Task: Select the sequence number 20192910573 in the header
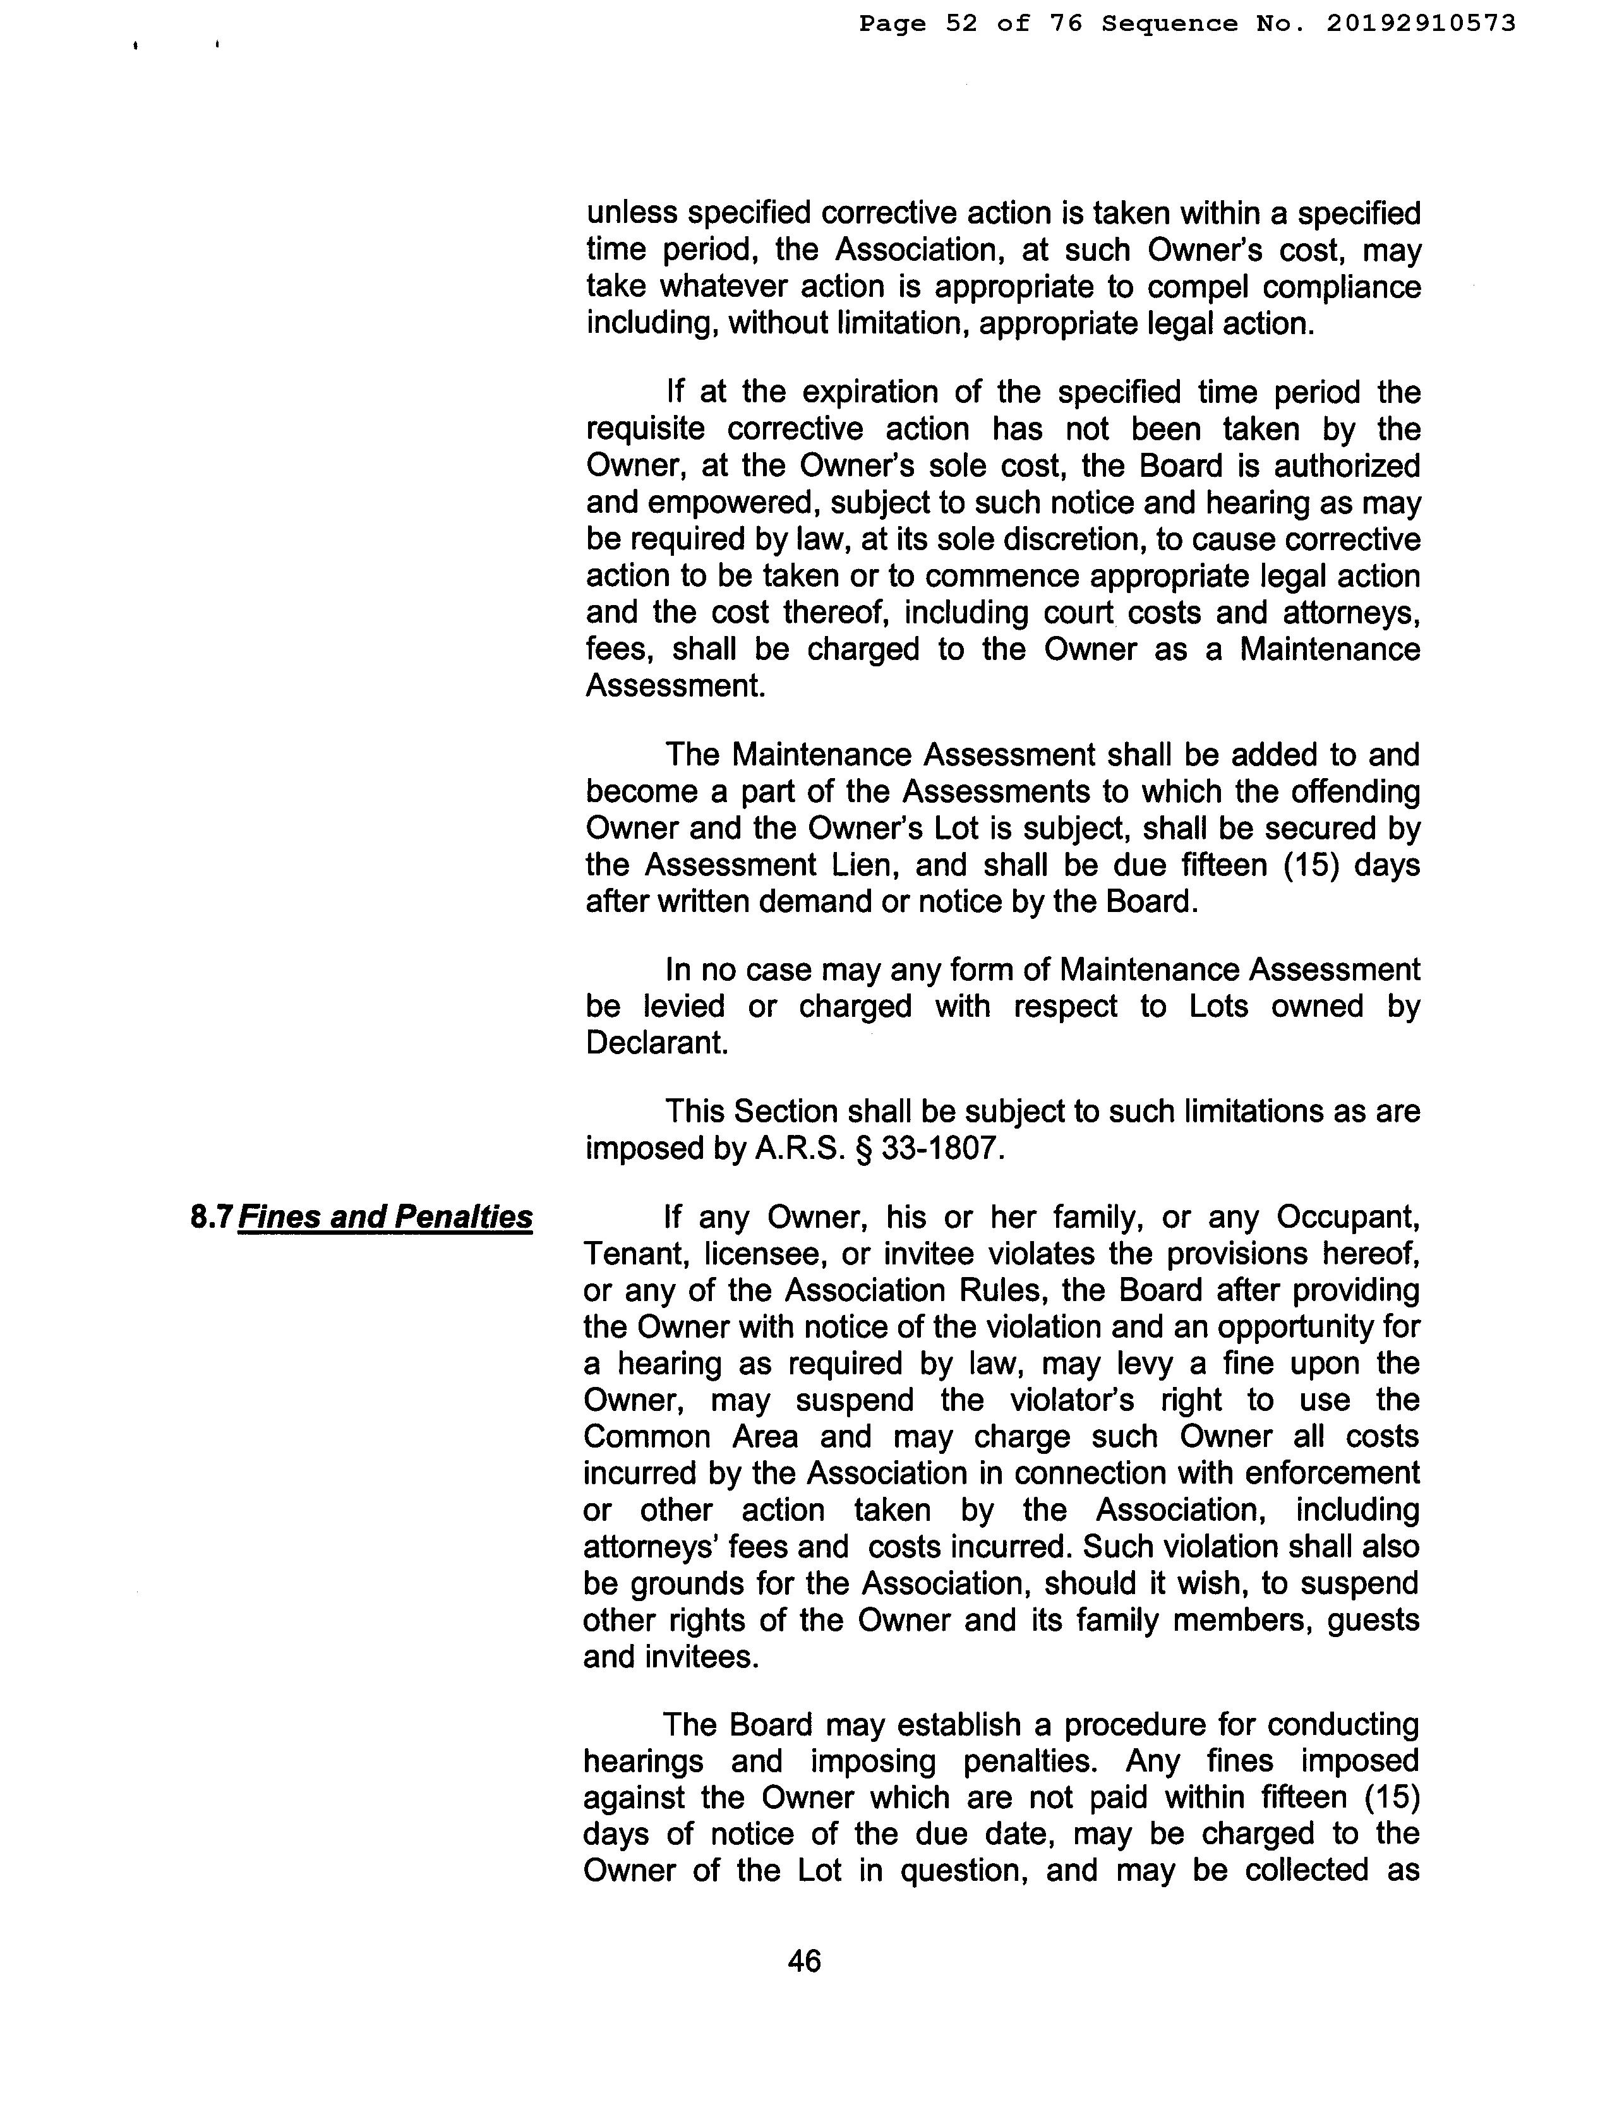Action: tap(1421, 23)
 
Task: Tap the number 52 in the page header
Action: tap(961, 23)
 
